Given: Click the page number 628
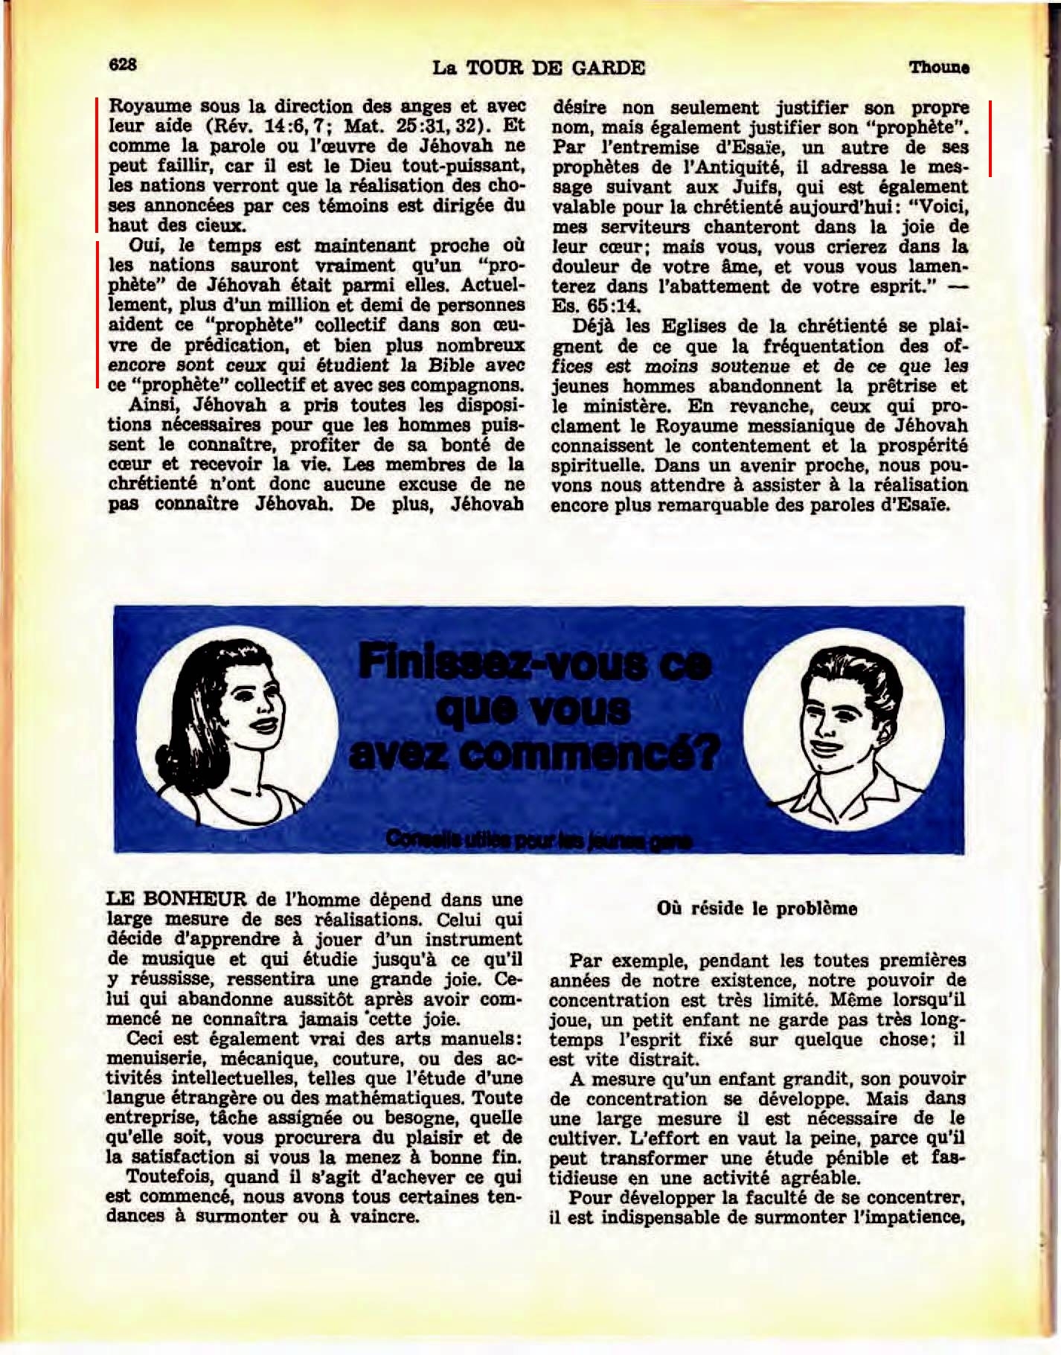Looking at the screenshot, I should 123,65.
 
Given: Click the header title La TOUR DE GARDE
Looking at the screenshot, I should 539,68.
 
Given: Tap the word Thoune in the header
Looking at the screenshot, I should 938,67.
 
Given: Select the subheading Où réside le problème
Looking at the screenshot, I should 757,909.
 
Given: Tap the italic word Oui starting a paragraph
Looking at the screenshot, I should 144,246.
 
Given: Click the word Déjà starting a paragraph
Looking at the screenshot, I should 592,326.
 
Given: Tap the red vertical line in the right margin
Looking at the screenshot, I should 990,138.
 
